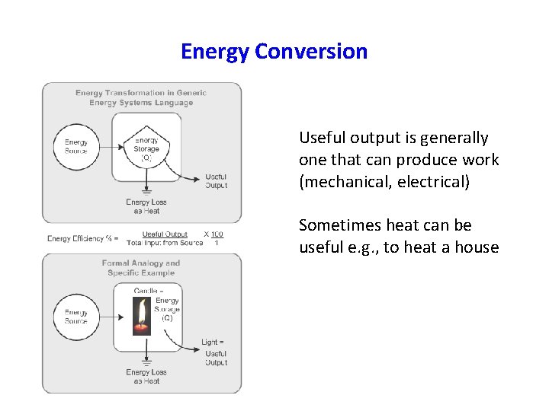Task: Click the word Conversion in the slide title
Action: click(311, 52)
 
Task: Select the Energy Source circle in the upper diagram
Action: click(76, 147)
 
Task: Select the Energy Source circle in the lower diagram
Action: click(76, 317)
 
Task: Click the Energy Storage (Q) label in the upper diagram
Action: click(146, 149)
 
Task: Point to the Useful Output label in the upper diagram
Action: click(216, 181)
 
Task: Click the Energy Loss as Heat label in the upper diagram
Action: click(146, 206)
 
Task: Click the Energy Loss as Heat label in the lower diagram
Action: click(146, 377)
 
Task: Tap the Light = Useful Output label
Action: click(214, 352)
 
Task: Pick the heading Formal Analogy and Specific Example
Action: click(141, 268)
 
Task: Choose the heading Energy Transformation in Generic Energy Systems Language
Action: click(141, 97)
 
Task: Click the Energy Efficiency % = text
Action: click(82, 238)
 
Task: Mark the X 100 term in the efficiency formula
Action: click(213, 234)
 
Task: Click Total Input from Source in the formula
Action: click(165, 243)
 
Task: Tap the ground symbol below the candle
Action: click(146, 361)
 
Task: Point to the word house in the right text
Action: click(478, 247)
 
